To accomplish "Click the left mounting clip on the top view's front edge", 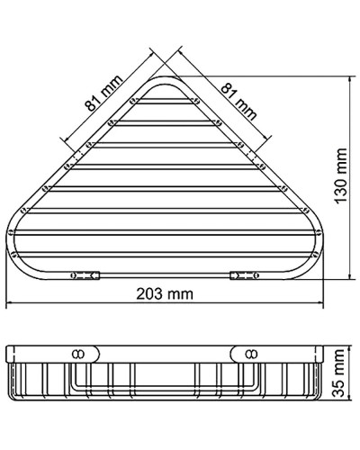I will point(84,273).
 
